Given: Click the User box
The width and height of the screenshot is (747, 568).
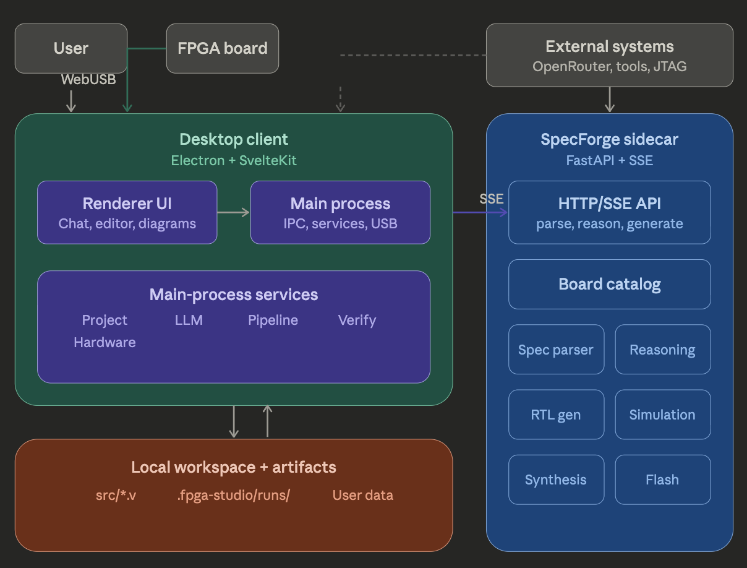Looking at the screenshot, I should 71,48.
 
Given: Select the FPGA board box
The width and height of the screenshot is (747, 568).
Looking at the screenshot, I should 223,48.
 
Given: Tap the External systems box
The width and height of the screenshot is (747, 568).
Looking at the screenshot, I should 609,55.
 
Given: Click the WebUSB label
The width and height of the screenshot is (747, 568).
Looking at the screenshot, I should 88,79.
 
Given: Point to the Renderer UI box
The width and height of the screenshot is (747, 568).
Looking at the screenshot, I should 127,212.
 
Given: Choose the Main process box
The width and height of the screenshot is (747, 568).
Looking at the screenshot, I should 340,212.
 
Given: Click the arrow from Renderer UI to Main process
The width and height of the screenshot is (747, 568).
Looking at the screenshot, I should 233,212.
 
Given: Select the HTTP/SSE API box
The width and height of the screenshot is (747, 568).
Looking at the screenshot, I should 609,212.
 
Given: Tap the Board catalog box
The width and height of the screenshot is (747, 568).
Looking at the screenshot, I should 609,284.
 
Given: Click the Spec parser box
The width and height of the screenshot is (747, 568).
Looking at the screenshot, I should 556,350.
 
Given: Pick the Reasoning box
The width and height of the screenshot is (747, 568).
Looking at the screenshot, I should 662,350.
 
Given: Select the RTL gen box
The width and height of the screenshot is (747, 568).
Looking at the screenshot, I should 556,415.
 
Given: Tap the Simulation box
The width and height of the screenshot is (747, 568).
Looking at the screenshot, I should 662,415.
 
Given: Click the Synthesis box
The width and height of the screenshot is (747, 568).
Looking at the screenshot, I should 556,480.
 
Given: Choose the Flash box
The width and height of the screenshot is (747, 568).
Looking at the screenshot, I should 662,480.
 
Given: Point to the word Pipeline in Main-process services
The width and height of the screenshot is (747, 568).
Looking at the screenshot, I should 273,320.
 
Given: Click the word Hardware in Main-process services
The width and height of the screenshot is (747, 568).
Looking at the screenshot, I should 105,342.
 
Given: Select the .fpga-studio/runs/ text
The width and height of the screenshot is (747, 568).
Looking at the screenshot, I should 233,495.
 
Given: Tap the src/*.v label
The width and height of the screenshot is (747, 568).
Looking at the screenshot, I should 116,495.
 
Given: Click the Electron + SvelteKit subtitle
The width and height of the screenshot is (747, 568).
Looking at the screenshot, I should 234,160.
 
